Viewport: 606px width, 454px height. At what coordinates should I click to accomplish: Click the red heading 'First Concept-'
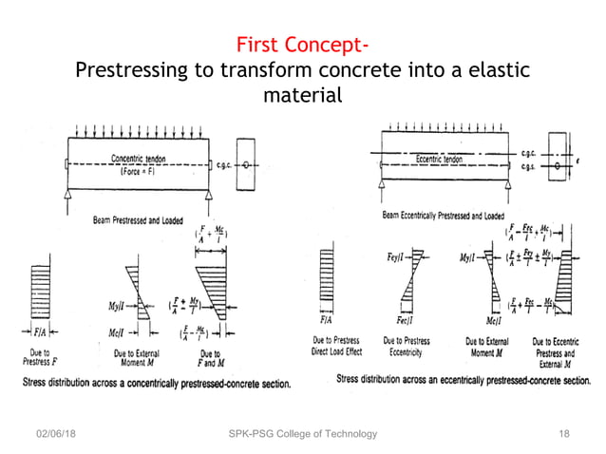coord(302,45)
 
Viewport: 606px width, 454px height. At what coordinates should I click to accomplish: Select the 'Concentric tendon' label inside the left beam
coord(141,159)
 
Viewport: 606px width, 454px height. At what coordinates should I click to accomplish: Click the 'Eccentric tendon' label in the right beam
coord(440,160)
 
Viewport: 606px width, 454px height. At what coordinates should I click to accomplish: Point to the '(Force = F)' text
coord(140,172)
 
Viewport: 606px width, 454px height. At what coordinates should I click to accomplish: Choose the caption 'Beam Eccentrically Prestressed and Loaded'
coord(443,216)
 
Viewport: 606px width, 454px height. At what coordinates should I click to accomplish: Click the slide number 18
coord(564,434)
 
